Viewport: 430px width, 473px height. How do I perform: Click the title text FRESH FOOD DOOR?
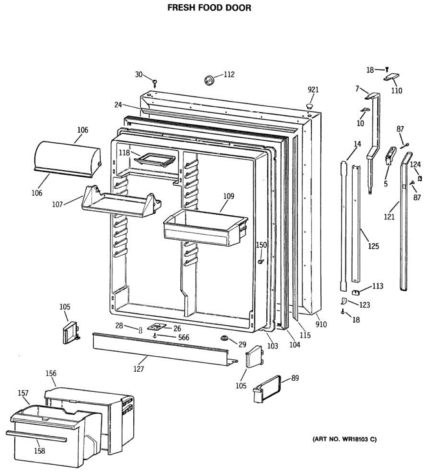209,8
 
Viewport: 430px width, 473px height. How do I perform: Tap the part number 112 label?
229,74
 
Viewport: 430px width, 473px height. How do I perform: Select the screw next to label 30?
155,82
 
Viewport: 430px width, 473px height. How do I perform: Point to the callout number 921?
313,90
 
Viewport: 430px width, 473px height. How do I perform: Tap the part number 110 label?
397,91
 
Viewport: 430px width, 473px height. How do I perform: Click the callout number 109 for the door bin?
229,196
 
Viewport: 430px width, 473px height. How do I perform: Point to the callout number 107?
58,205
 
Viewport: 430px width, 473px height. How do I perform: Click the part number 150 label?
261,245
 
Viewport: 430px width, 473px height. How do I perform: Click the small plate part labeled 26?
157,327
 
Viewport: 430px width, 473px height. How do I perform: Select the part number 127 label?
138,369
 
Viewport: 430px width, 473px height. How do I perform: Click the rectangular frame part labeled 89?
268,389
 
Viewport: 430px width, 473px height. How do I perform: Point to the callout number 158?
39,451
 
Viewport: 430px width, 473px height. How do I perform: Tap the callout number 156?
51,373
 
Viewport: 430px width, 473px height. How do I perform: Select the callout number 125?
373,246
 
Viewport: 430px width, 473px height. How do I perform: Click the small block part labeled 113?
357,292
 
